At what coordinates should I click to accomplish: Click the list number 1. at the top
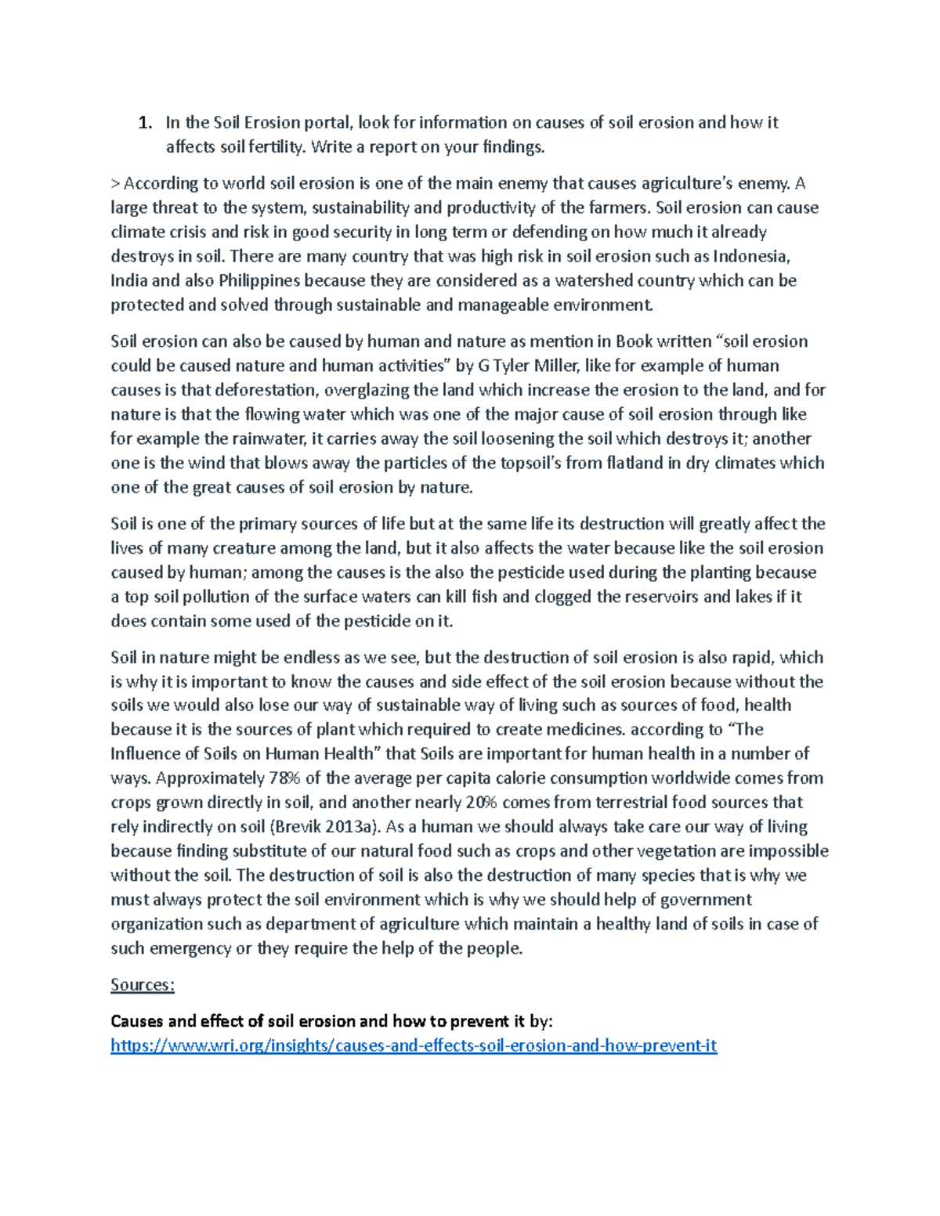(x=145, y=123)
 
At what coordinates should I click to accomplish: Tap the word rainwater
(x=271, y=438)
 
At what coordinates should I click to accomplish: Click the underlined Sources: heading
(x=143, y=985)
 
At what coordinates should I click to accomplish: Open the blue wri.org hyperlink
(x=414, y=1046)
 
